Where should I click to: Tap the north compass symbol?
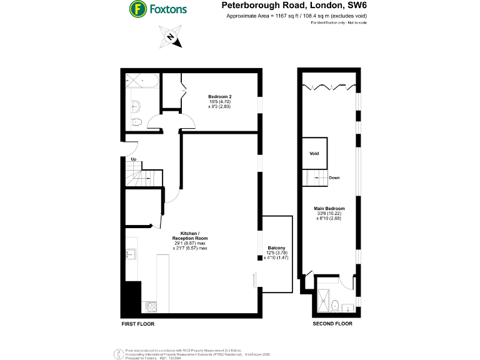(171, 37)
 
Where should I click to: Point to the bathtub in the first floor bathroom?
(141, 80)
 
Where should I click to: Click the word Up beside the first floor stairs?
(133, 159)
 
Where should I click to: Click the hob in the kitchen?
(151, 306)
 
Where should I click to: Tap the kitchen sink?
(131, 254)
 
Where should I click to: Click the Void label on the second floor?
(314, 153)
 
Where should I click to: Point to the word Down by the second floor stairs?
(334, 177)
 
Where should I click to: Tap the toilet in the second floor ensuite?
(335, 306)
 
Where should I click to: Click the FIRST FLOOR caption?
(138, 324)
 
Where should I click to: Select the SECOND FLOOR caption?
(332, 324)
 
